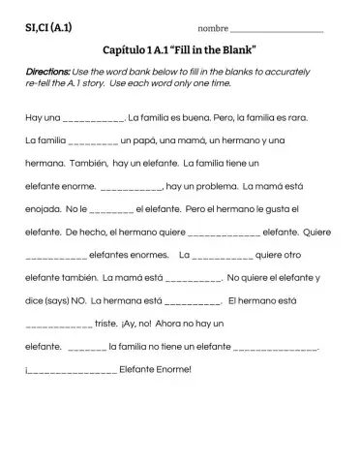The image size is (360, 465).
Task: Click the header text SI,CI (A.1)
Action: pyautogui.click(x=47, y=27)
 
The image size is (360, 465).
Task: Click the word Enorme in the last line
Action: pyautogui.click(x=169, y=368)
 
